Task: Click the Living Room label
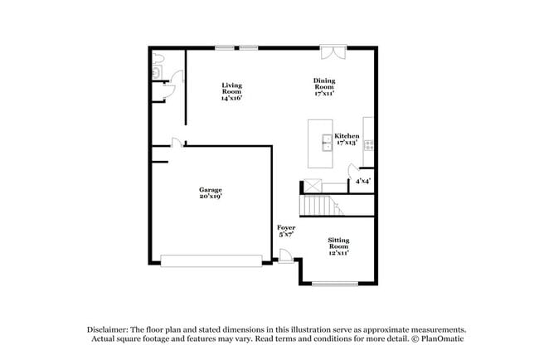point(231,91)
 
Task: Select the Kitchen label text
point(346,135)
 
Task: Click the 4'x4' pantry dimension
point(362,181)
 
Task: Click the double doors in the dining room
point(333,52)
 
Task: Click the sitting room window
point(335,285)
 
